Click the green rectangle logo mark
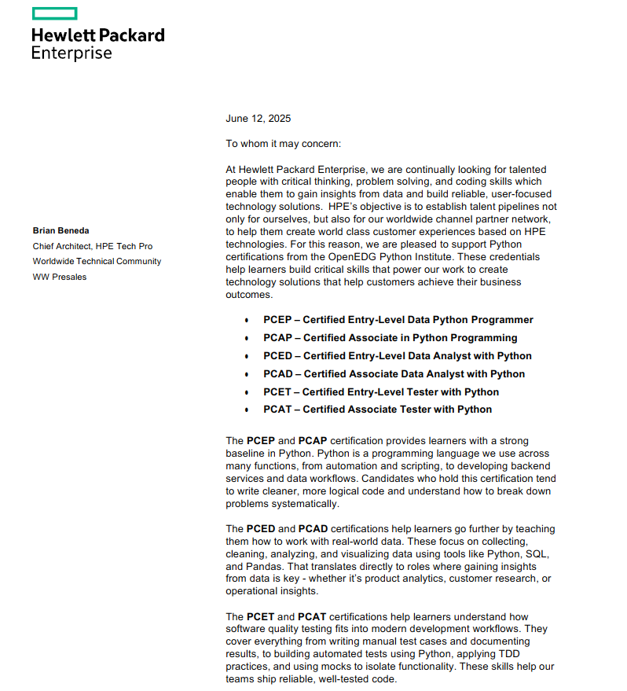54,13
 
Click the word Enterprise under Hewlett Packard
71,53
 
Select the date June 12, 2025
258,119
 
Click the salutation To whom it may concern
284,144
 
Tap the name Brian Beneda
61,230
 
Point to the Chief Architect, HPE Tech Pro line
92,246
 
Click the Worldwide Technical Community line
97,261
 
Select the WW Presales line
60,277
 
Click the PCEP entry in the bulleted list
398,320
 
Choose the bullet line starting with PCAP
390,338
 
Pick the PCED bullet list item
397,356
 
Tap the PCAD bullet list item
394,374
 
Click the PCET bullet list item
381,392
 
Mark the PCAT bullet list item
377,410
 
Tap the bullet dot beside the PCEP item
247,321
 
